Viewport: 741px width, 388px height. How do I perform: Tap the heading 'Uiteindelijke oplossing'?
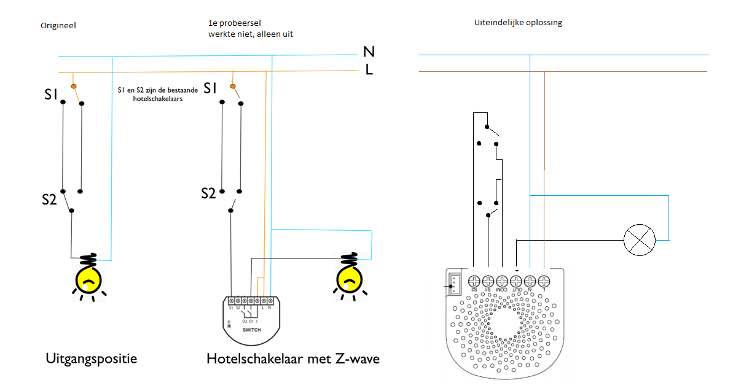click(518, 23)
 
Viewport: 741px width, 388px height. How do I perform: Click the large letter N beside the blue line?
click(369, 53)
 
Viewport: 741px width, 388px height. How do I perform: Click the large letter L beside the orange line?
click(369, 70)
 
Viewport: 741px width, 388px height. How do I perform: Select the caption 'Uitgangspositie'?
click(92, 358)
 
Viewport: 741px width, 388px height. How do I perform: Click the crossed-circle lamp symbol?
click(640, 240)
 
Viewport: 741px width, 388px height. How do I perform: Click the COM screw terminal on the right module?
click(502, 281)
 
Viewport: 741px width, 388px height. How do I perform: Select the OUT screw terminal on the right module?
click(516, 281)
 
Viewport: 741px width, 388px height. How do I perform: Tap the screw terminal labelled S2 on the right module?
click(474, 281)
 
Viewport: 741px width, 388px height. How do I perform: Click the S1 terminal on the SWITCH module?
click(230, 301)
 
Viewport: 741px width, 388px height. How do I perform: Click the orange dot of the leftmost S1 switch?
click(74, 87)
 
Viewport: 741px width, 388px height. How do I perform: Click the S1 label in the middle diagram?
click(210, 89)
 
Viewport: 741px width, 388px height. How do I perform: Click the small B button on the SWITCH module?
click(229, 325)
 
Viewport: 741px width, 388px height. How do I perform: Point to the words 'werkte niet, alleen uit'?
click(250, 34)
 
